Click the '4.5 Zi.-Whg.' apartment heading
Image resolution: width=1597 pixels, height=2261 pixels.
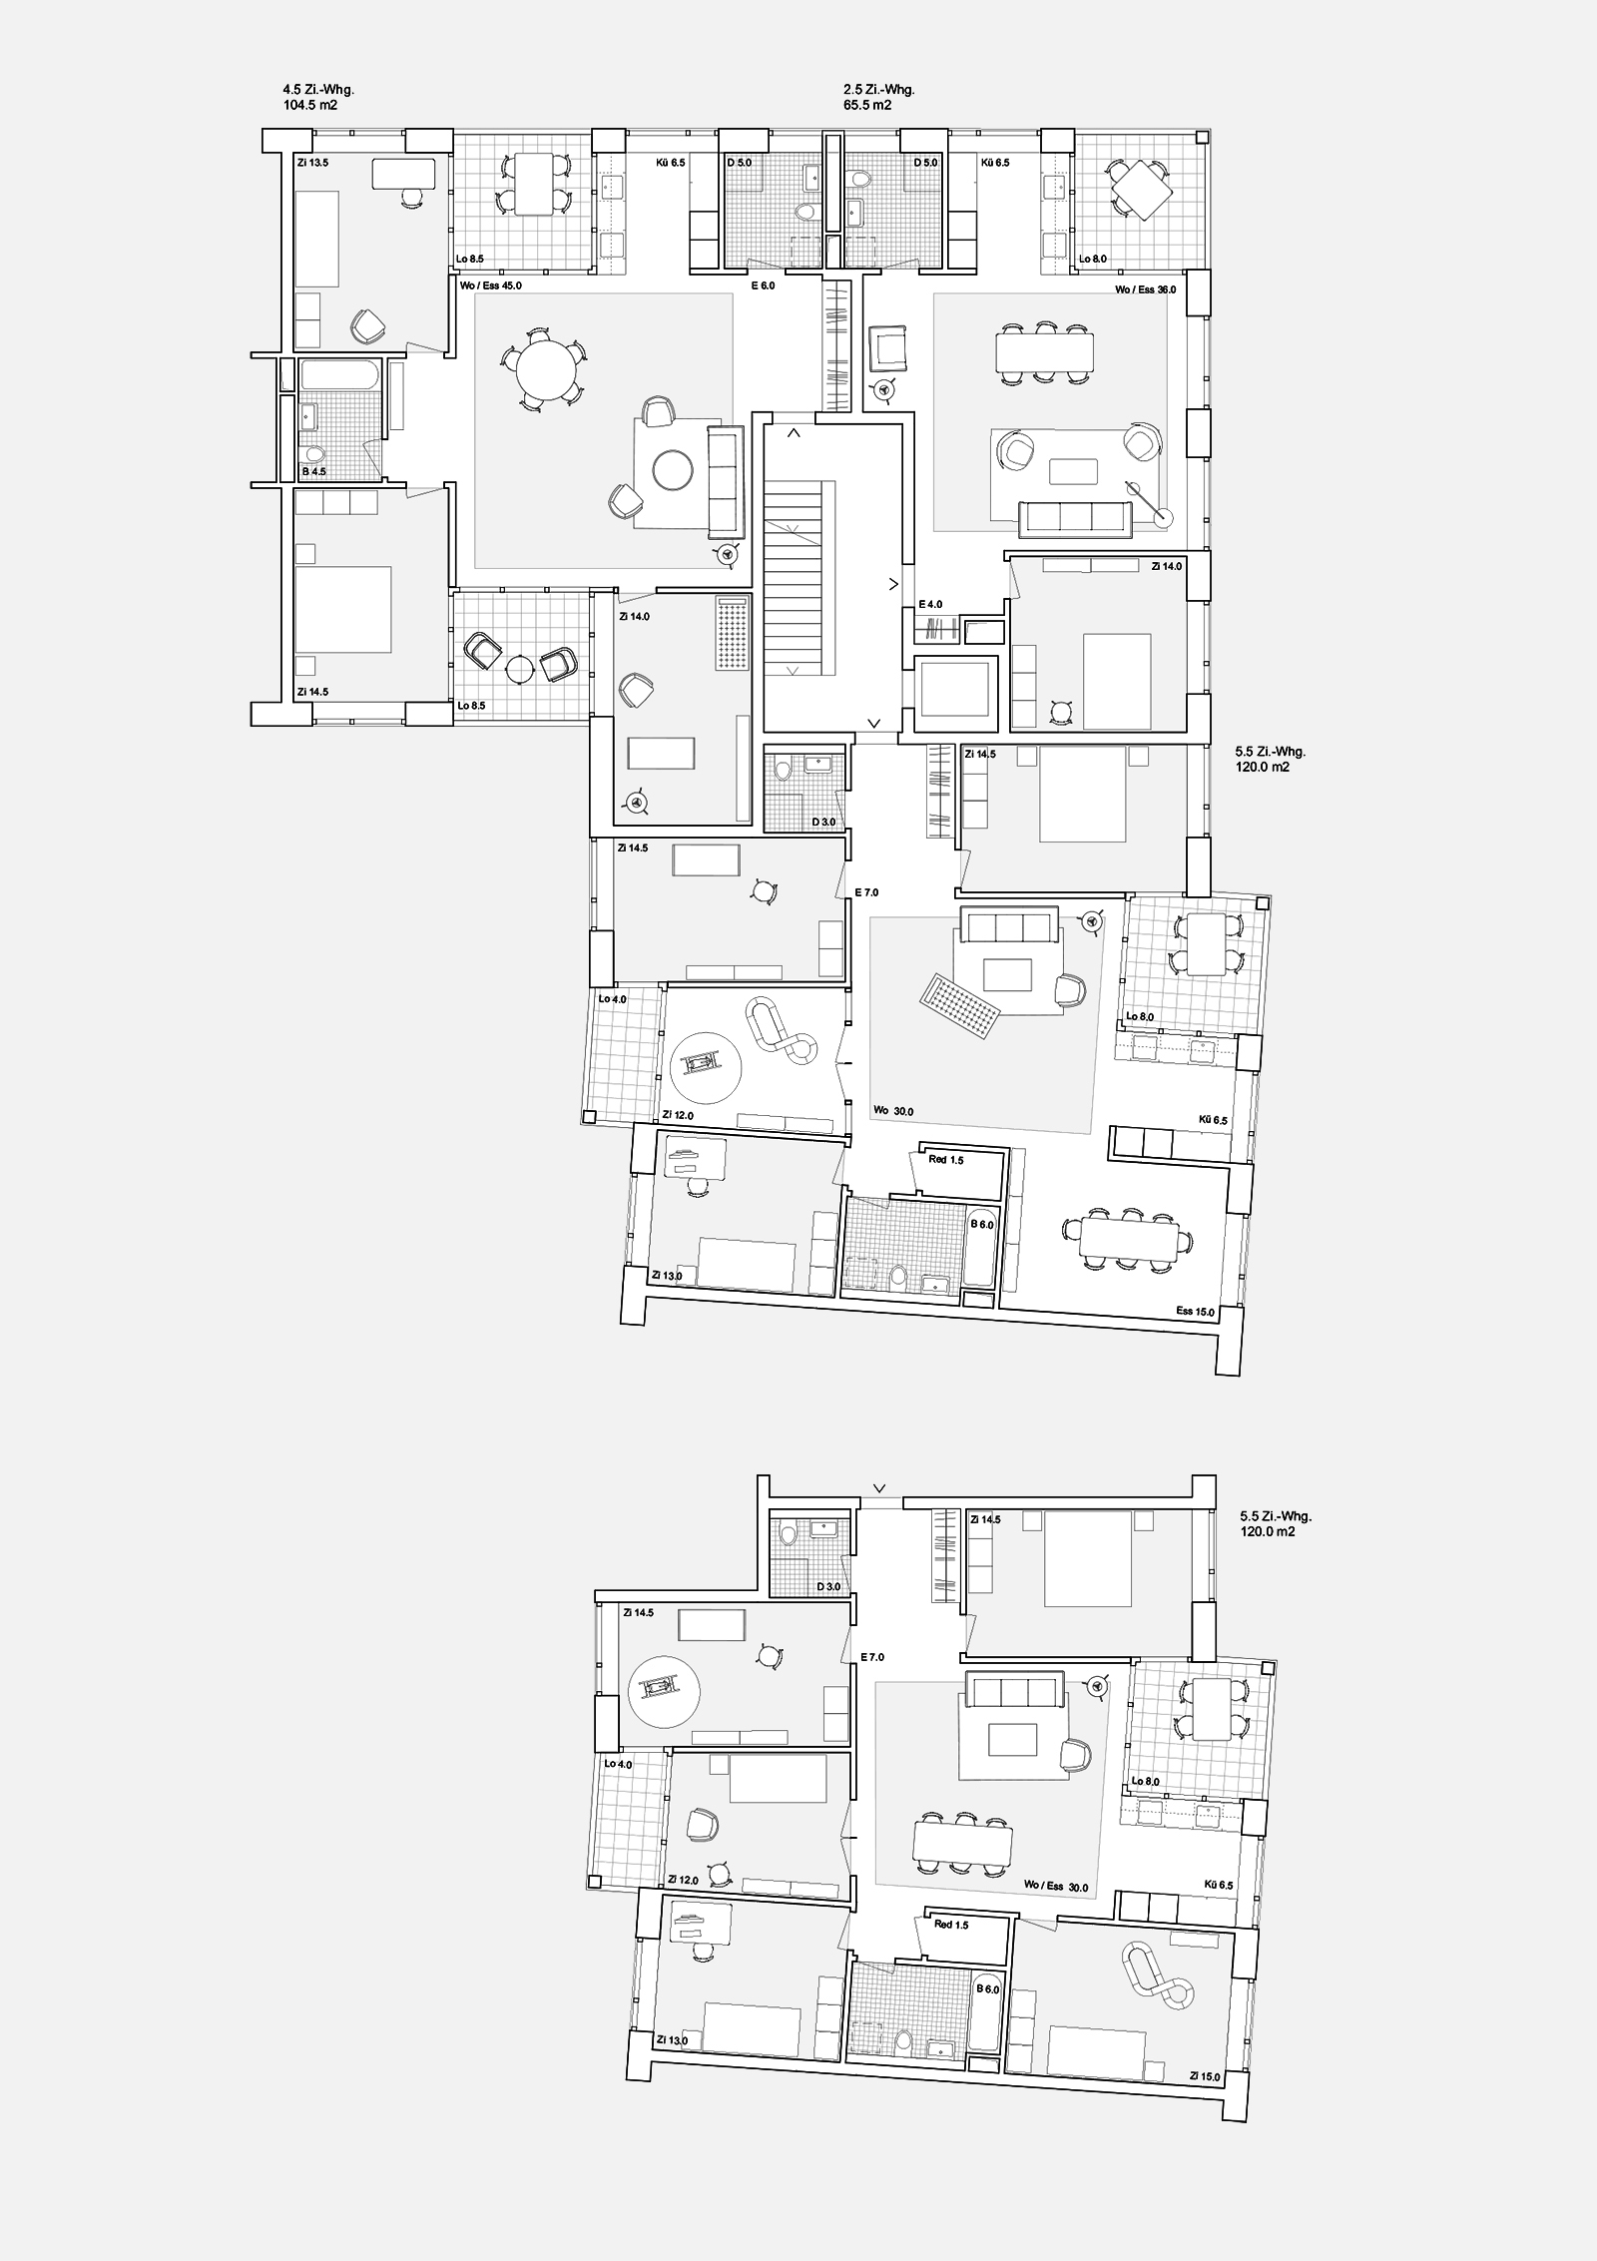tap(318, 90)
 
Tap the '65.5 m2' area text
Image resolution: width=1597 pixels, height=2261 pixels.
tap(867, 104)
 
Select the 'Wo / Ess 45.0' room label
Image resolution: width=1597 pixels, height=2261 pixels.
tap(491, 285)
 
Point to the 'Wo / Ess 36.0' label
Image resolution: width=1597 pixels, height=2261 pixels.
tap(1146, 290)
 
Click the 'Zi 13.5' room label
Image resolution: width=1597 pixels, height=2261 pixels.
tap(312, 160)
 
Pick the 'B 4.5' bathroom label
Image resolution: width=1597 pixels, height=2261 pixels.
tap(313, 471)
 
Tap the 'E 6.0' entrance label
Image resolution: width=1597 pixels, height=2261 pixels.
tap(763, 285)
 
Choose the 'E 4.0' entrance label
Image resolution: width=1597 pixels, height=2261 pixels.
tap(929, 605)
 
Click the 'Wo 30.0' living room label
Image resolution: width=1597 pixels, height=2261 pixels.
tap(894, 1110)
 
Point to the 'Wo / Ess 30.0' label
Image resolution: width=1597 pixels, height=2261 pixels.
tap(1056, 1888)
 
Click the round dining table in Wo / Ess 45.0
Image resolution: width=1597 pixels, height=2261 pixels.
tap(547, 369)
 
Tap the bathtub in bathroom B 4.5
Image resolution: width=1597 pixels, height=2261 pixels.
tap(339, 375)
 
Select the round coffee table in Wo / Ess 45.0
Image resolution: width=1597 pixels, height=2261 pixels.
tap(673, 470)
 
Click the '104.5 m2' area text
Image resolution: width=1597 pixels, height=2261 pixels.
tap(310, 104)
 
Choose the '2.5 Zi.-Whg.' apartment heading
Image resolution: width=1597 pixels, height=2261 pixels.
tap(878, 90)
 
